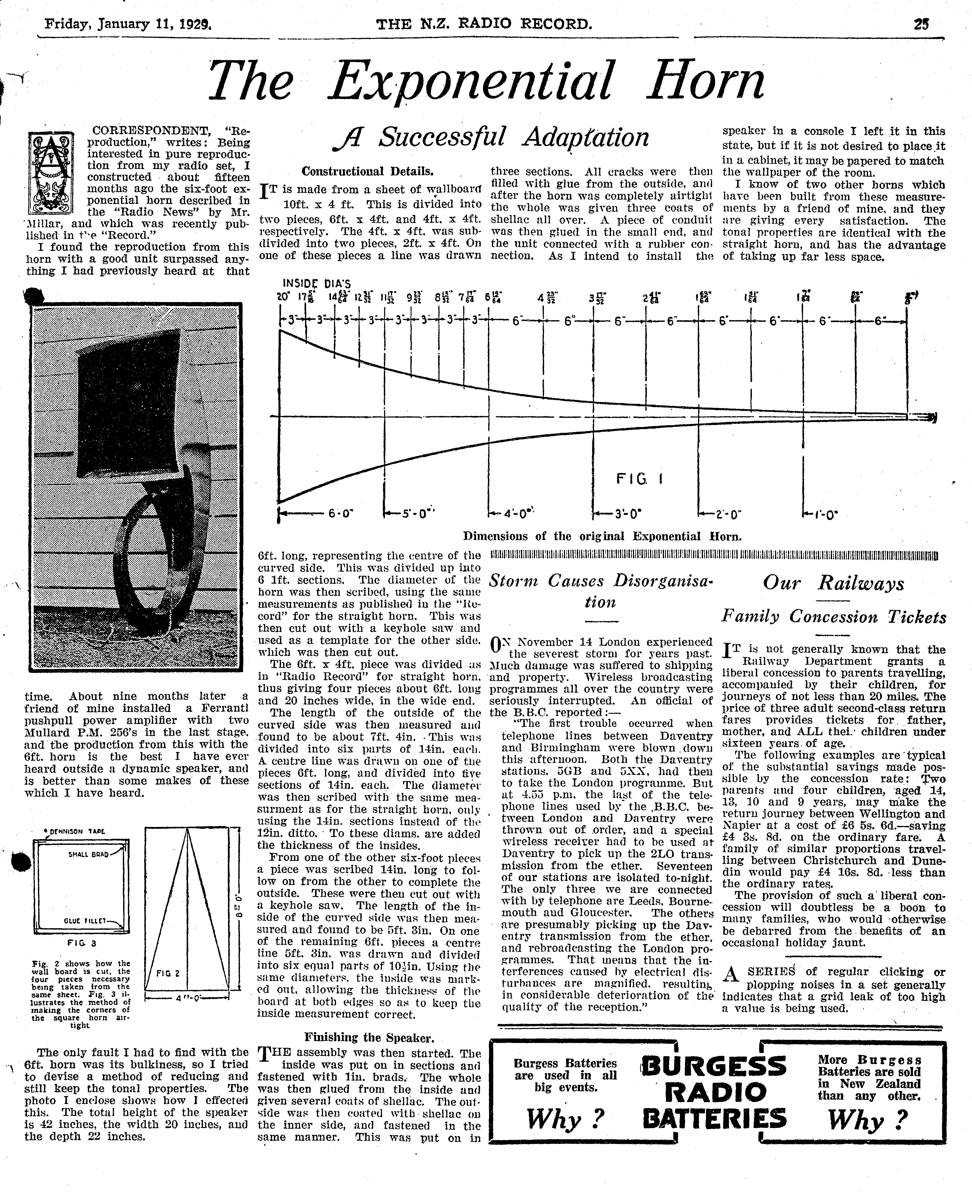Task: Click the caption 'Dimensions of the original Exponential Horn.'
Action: pos(602,536)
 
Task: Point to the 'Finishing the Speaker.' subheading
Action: pos(369,1037)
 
